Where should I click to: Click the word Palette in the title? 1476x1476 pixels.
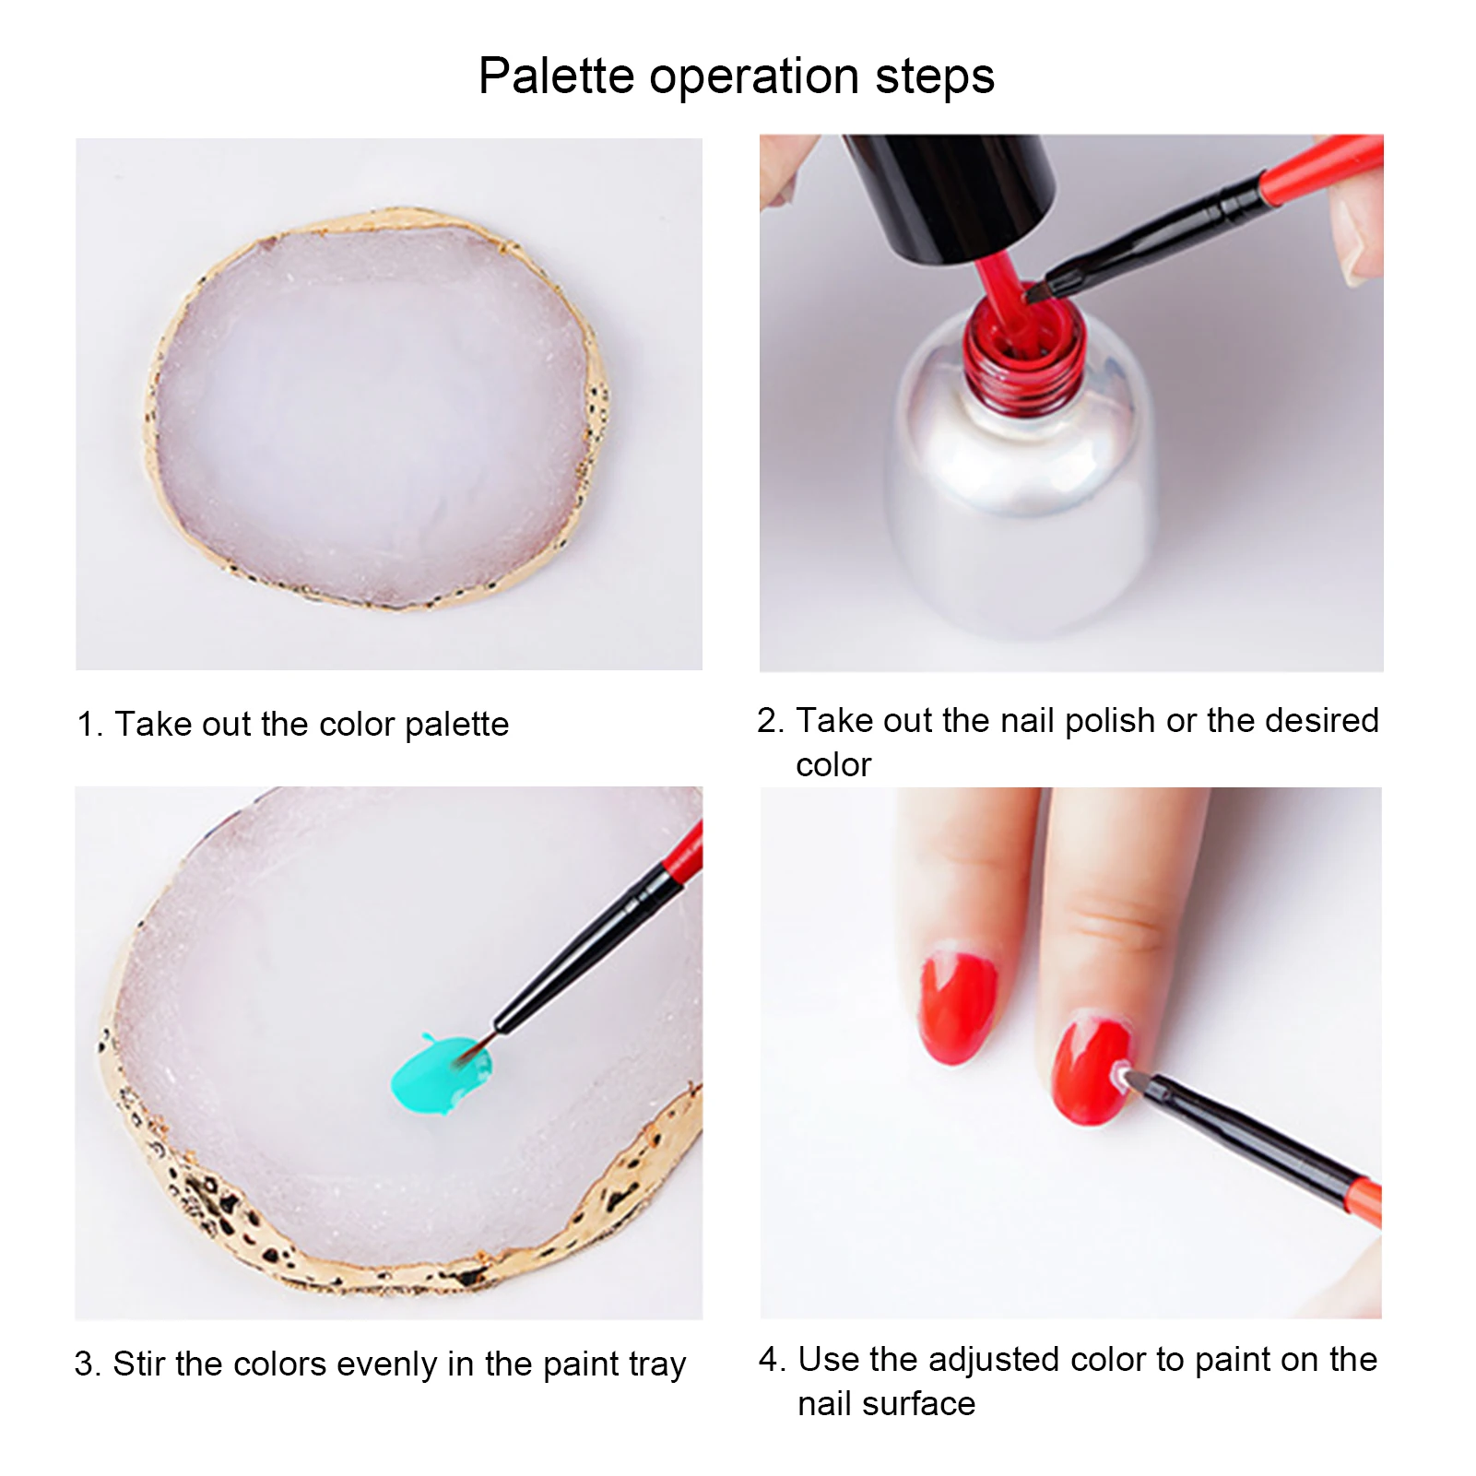pyautogui.click(x=556, y=76)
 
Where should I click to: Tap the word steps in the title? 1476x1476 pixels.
pyautogui.click(x=935, y=77)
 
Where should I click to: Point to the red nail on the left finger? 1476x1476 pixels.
pyautogui.click(x=959, y=1005)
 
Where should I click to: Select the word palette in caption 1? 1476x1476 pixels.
pyautogui.click(x=456, y=726)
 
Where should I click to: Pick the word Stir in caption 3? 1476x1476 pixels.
pyautogui.click(x=139, y=1364)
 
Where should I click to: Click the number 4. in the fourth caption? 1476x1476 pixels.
pyautogui.click(x=772, y=1360)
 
